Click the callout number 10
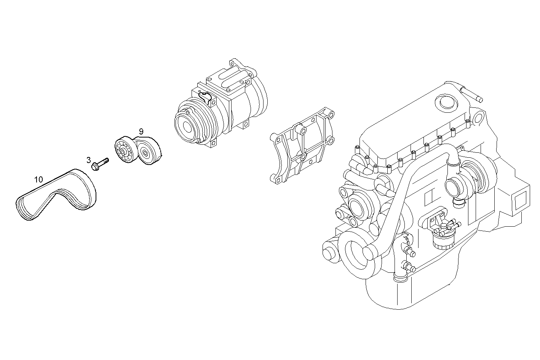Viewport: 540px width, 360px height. [x=38, y=180]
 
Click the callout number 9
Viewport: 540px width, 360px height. [x=141, y=131]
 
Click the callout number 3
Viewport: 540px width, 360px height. [x=89, y=160]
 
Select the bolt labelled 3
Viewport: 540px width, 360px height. [x=100, y=164]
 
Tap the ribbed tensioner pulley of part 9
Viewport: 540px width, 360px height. [x=124, y=151]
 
